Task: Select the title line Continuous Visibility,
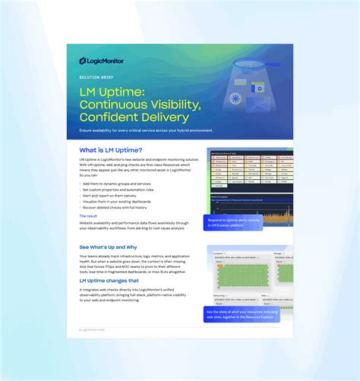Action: pyautogui.click(x=141, y=105)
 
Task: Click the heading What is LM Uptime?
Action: pyautogui.click(x=110, y=150)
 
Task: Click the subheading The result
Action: pyautogui.click(x=88, y=216)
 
